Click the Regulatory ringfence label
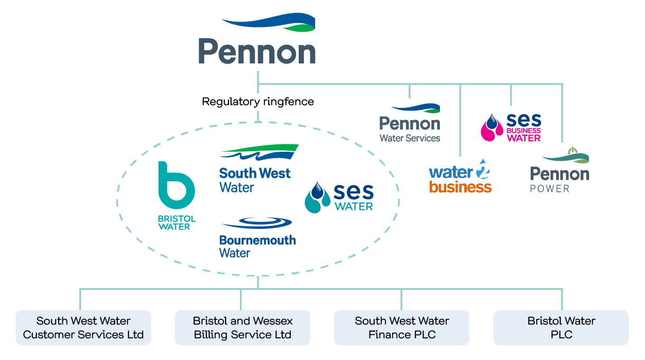pyautogui.click(x=258, y=101)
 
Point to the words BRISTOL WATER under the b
pyautogui.click(x=177, y=223)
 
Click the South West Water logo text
pyautogui.click(x=255, y=180)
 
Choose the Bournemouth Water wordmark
pyautogui.click(x=257, y=246)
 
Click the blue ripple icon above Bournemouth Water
pyautogui.click(x=258, y=223)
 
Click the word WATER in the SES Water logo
pyautogui.click(x=354, y=206)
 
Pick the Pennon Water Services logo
pyautogui.click(x=410, y=124)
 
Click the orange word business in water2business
pyautogui.click(x=460, y=187)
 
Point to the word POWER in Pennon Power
pyautogui.click(x=549, y=189)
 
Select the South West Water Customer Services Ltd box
pyautogui.click(x=84, y=328)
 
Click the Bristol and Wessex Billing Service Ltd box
pyautogui.click(x=243, y=328)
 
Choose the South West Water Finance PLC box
pyautogui.click(x=402, y=328)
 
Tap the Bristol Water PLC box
pyautogui.click(x=561, y=328)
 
